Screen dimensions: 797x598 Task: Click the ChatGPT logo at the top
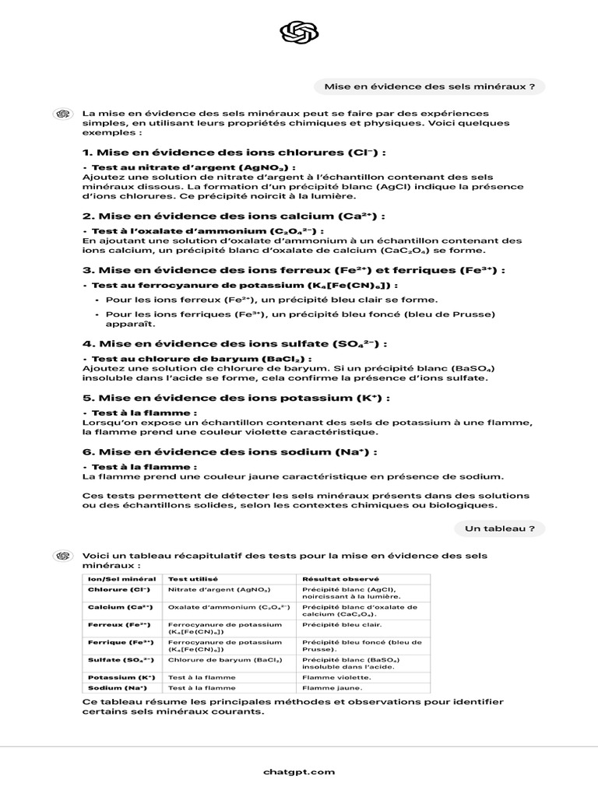(x=299, y=33)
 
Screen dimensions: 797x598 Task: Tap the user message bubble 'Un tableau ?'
(x=499, y=528)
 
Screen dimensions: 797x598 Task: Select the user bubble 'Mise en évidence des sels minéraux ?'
(x=429, y=87)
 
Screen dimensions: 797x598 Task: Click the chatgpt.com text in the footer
(x=299, y=771)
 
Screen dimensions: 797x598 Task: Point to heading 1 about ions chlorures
(x=234, y=153)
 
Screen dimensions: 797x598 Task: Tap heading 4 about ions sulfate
(x=234, y=343)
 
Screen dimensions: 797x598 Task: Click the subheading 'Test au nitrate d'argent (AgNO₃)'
(x=193, y=167)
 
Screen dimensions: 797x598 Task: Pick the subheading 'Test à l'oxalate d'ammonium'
(x=207, y=231)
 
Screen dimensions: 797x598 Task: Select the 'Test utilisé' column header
(x=193, y=579)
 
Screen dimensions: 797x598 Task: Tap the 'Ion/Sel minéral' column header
(x=122, y=579)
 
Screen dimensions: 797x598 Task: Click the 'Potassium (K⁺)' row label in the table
(x=121, y=677)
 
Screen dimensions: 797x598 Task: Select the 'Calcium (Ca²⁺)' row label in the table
(x=120, y=606)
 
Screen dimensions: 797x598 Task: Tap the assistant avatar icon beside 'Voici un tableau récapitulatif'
(x=62, y=555)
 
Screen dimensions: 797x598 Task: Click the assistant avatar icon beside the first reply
(x=62, y=114)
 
